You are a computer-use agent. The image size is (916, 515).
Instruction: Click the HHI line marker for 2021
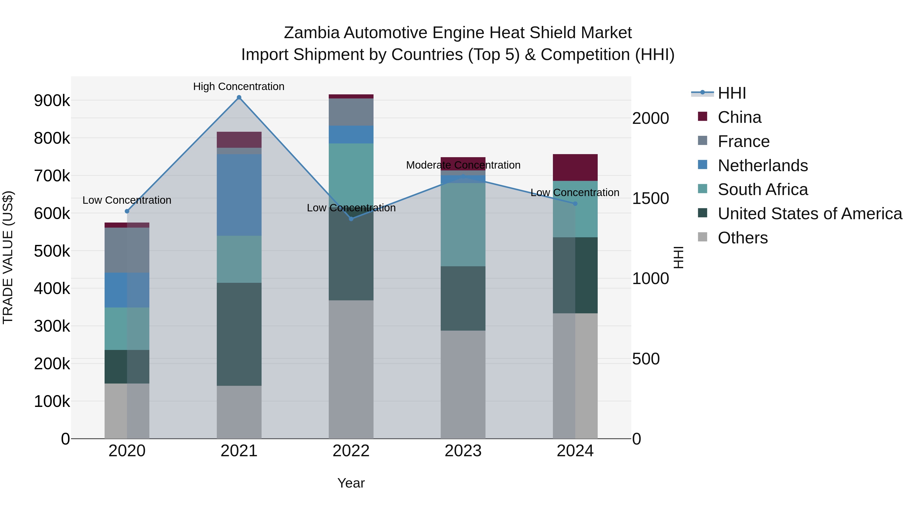tap(239, 97)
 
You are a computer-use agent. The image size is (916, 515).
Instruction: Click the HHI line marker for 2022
tap(351, 218)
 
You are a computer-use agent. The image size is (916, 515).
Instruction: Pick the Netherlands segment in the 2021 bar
tap(239, 195)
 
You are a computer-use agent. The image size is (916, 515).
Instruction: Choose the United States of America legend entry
tap(809, 214)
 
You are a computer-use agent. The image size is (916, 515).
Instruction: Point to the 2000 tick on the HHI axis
tap(650, 118)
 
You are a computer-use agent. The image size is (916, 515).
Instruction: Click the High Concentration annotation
tap(239, 86)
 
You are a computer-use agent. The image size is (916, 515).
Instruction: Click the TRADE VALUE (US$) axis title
tap(8, 257)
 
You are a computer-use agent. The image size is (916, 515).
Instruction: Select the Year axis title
tap(351, 483)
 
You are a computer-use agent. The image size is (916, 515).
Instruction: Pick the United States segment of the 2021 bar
tap(239, 334)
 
